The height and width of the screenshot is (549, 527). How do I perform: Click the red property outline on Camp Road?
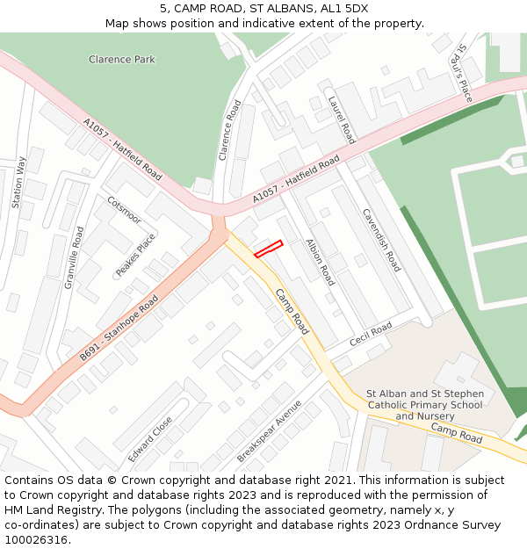268,249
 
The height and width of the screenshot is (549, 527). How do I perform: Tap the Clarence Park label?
122,60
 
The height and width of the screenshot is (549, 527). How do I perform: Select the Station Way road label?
18,182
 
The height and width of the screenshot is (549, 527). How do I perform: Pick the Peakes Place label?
135,255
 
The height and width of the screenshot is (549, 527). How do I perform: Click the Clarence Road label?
229,129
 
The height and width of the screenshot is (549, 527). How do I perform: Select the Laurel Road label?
341,120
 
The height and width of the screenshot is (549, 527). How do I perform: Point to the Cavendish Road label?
381,239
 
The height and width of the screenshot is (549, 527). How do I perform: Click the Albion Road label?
320,262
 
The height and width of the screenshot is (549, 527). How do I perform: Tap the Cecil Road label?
370,334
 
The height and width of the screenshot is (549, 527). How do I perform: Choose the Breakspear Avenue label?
269,430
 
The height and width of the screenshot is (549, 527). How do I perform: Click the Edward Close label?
150,439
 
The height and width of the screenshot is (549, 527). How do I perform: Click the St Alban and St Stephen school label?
424,404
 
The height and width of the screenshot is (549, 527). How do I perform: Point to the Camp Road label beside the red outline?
292,311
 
